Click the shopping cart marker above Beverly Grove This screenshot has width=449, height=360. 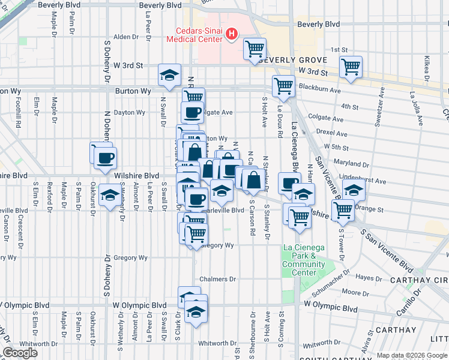(255, 49)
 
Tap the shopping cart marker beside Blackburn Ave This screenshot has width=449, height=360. (283, 86)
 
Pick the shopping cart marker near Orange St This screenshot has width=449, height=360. (343, 210)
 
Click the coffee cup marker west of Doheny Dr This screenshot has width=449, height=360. (106, 158)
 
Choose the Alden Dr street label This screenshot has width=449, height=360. (126, 37)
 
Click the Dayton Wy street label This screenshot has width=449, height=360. (130, 112)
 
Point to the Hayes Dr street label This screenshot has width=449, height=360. (364, 277)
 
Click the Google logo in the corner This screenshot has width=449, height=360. (20, 353)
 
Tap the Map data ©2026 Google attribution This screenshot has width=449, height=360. (411, 355)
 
